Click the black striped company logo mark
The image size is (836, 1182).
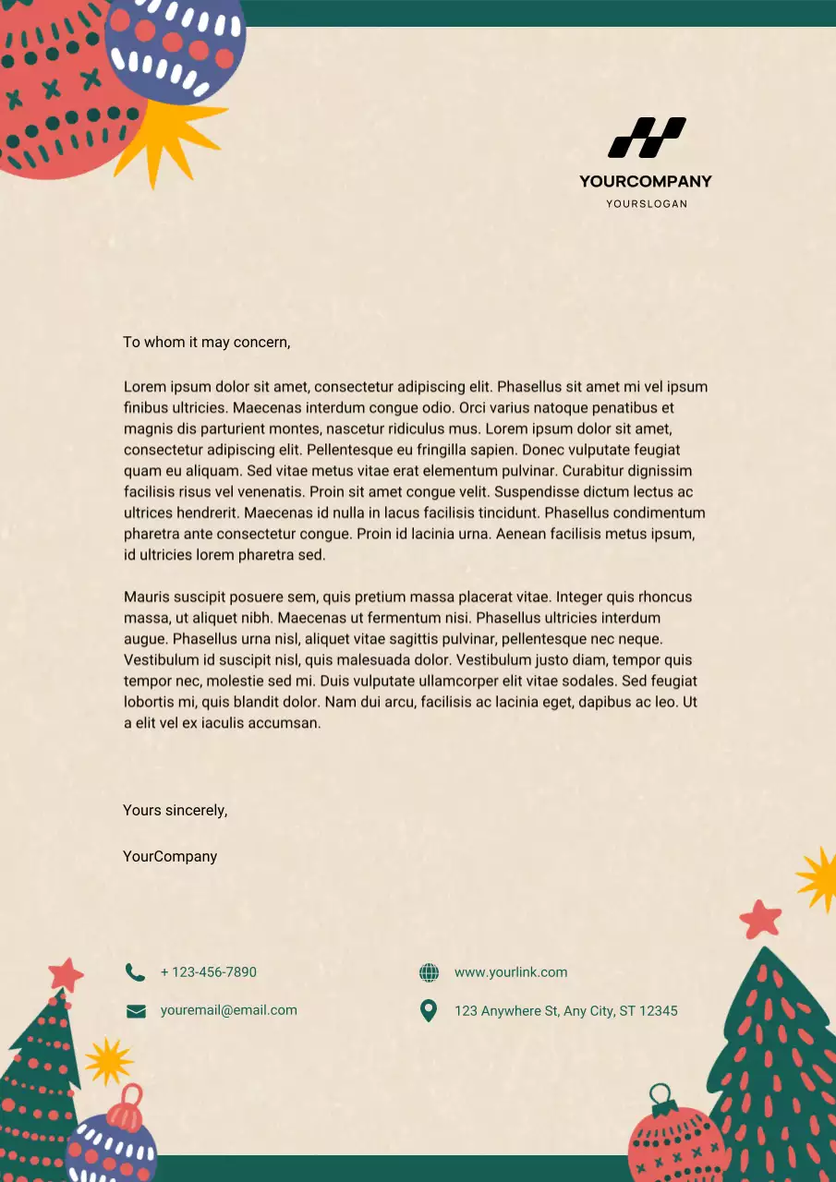[x=646, y=137]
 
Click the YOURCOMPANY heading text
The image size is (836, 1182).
[x=646, y=181]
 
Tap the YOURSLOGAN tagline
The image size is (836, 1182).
[x=646, y=203]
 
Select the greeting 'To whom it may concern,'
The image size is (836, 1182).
[x=207, y=342]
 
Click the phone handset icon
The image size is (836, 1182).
[x=135, y=971]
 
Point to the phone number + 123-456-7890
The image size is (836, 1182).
[x=209, y=971]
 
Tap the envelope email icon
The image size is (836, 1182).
[x=136, y=1011]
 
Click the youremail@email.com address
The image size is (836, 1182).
[x=229, y=1010]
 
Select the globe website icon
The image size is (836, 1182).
[x=429, y=972]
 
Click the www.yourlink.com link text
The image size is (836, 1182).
[x=511, y=971]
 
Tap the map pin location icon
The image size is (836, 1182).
[x=429, y=1010]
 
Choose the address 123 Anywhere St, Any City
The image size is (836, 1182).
[x=565, y=1010]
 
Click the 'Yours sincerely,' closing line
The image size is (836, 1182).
[x=176, y=810]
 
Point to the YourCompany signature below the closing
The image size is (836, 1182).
[x=170, y=856]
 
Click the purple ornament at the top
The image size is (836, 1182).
[x=176, y=46]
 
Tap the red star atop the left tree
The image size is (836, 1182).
[x=66, y=973]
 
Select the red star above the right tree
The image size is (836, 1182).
[x=761, y=919]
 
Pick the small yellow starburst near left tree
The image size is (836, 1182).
[x=109, y=1061]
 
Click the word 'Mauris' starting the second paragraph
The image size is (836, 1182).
[x=146, y=597]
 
